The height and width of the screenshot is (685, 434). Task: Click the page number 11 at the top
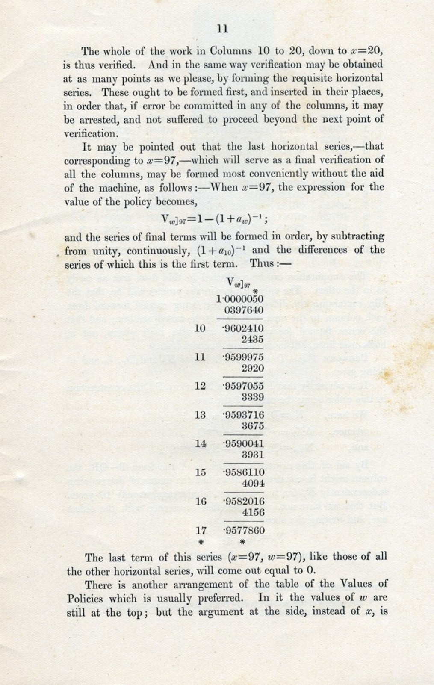[x=222, y=29]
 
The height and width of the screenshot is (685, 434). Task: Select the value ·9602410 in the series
[x=243, y=329]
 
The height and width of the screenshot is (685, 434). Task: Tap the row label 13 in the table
[x=200, y=415]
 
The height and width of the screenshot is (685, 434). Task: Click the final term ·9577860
[x=243, y=531]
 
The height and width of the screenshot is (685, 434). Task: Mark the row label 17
[x=201, y=531]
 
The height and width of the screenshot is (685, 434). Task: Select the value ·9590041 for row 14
[x=243, y=443]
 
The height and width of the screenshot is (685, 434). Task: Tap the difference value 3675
[x=253, y=426]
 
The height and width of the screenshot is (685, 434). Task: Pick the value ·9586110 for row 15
[x=243, y=472]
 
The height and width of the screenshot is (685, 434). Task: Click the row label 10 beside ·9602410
[x=200, y=328]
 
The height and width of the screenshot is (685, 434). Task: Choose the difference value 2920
[x=253, y=368]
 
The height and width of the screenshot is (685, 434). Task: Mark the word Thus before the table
[x=262, y=264]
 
